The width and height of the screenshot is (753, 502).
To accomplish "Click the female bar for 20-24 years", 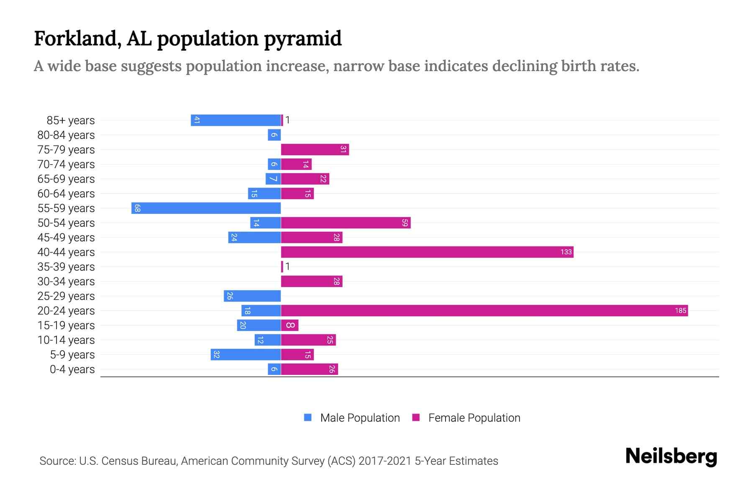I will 484,310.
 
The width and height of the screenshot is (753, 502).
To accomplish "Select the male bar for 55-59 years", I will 206,208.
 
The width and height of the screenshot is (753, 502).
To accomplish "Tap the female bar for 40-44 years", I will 427,252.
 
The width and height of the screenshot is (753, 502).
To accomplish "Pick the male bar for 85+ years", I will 236,120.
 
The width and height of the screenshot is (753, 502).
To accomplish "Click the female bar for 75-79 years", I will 315,149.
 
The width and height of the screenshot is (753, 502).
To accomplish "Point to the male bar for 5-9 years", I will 246,354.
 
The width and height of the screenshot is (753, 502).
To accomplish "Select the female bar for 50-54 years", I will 346,223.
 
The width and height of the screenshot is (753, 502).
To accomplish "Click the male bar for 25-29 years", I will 252,296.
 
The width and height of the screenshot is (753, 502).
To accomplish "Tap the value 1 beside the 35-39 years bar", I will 287,266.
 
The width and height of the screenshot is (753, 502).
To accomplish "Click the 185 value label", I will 680,310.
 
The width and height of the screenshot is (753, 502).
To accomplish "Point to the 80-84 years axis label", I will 66,135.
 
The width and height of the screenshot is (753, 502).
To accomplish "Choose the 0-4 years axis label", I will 72,369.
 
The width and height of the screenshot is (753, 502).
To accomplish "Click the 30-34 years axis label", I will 66,281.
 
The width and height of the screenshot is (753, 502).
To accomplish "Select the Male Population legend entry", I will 352,417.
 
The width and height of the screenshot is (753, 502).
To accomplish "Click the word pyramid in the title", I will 303,38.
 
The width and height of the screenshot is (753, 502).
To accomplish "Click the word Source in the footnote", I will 57,461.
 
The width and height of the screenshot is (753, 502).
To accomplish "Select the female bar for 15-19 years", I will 289,325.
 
